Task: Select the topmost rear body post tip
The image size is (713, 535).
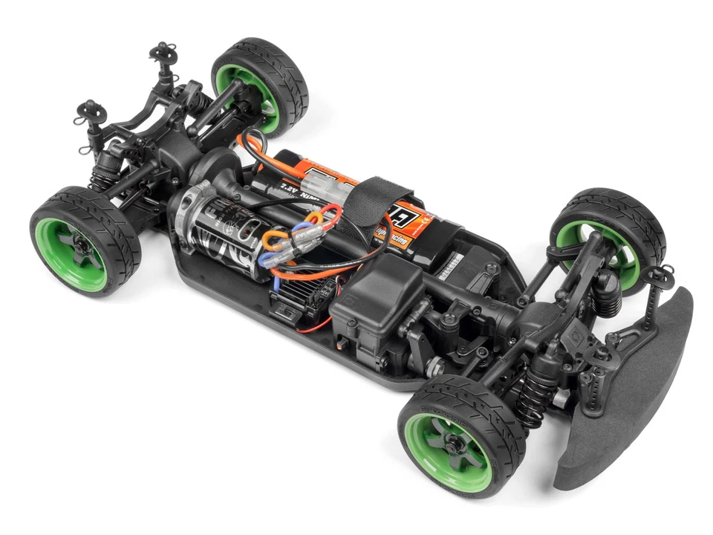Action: (x=161, y=51)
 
